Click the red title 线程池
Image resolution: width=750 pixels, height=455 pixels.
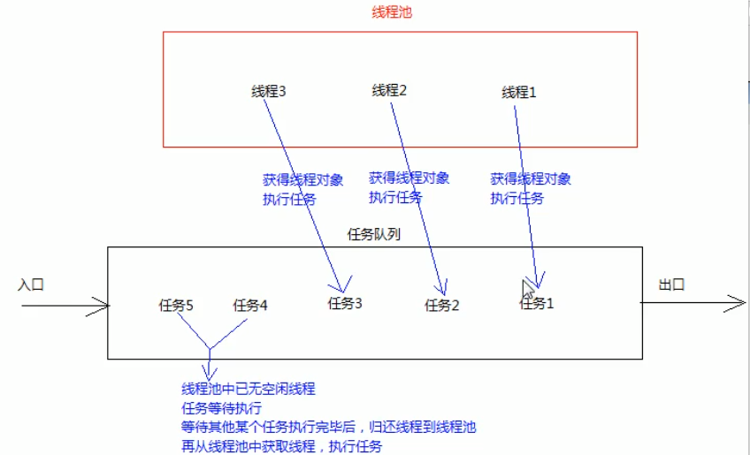[392, 12]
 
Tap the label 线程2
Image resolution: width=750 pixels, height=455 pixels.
[389, 90]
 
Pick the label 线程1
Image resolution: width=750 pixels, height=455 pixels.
[519, 92]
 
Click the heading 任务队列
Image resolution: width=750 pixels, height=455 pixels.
[375, 236]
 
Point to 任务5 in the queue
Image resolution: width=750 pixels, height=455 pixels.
[176, 306]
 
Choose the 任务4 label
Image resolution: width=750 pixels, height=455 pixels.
[250, 306]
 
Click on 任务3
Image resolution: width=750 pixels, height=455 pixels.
[345, 304]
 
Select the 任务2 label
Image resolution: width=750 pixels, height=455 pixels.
[442, 306]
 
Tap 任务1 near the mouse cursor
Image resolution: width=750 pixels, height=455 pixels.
[538, 304]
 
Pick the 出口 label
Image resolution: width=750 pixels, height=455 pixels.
[672, 284]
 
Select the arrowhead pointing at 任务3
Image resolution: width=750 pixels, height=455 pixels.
[341, 285]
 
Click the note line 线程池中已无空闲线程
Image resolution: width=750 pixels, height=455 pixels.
[249, 389]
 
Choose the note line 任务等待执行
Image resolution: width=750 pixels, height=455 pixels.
[221, 408]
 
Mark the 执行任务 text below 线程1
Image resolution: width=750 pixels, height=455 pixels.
[517, 199]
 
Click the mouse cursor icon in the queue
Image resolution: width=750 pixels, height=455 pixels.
[527, 289]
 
